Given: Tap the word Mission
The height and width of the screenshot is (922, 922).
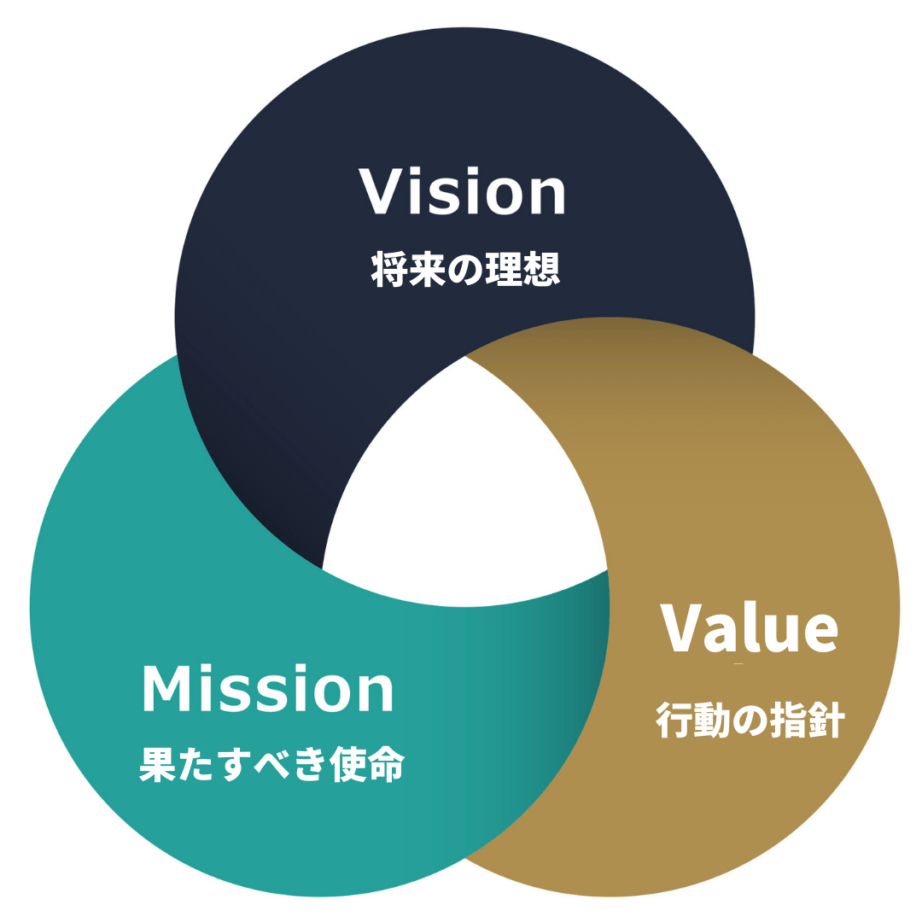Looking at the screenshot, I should [x=268, y=690].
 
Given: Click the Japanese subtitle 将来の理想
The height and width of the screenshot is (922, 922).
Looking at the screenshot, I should [x=465, y=270].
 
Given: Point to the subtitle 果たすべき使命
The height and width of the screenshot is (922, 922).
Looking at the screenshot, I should [x=271, y=766].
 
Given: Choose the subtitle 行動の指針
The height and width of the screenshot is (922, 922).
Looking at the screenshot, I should [x=750, y=721].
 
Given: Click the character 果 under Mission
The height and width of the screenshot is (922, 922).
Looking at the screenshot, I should [x=156, y=766].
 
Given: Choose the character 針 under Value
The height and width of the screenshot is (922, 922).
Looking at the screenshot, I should [x=826, y=721].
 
